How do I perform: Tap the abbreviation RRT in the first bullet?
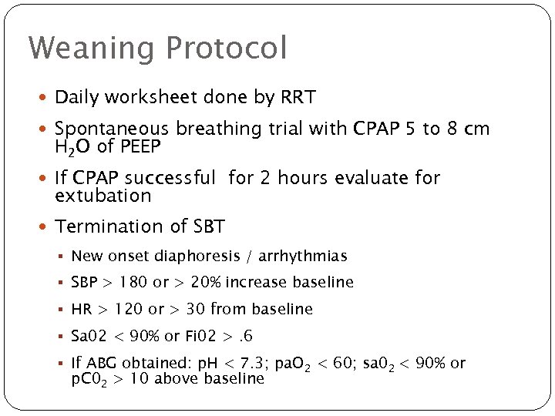[298, 98]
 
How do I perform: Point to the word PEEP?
[141, 146]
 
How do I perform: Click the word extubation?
[103, 196]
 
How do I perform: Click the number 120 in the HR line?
[128, 310]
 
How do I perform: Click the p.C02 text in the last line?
[89, 379]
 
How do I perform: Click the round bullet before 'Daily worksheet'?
[45, 99]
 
